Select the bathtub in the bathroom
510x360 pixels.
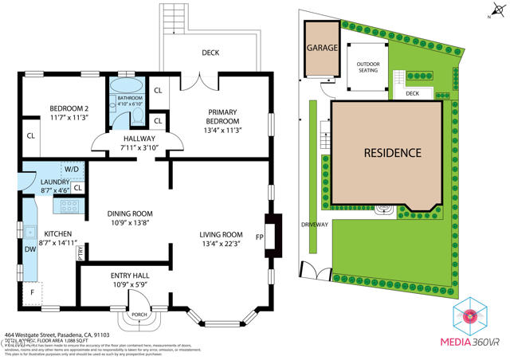click(124, 88)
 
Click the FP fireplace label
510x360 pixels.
click(259, 237)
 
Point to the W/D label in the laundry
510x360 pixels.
click(71, 169)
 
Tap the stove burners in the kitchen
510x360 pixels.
click(65, 205)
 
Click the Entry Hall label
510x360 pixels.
click(129, 276)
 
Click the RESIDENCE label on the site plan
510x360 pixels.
click(392, 152)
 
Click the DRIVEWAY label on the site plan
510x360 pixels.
click(314, 225)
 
